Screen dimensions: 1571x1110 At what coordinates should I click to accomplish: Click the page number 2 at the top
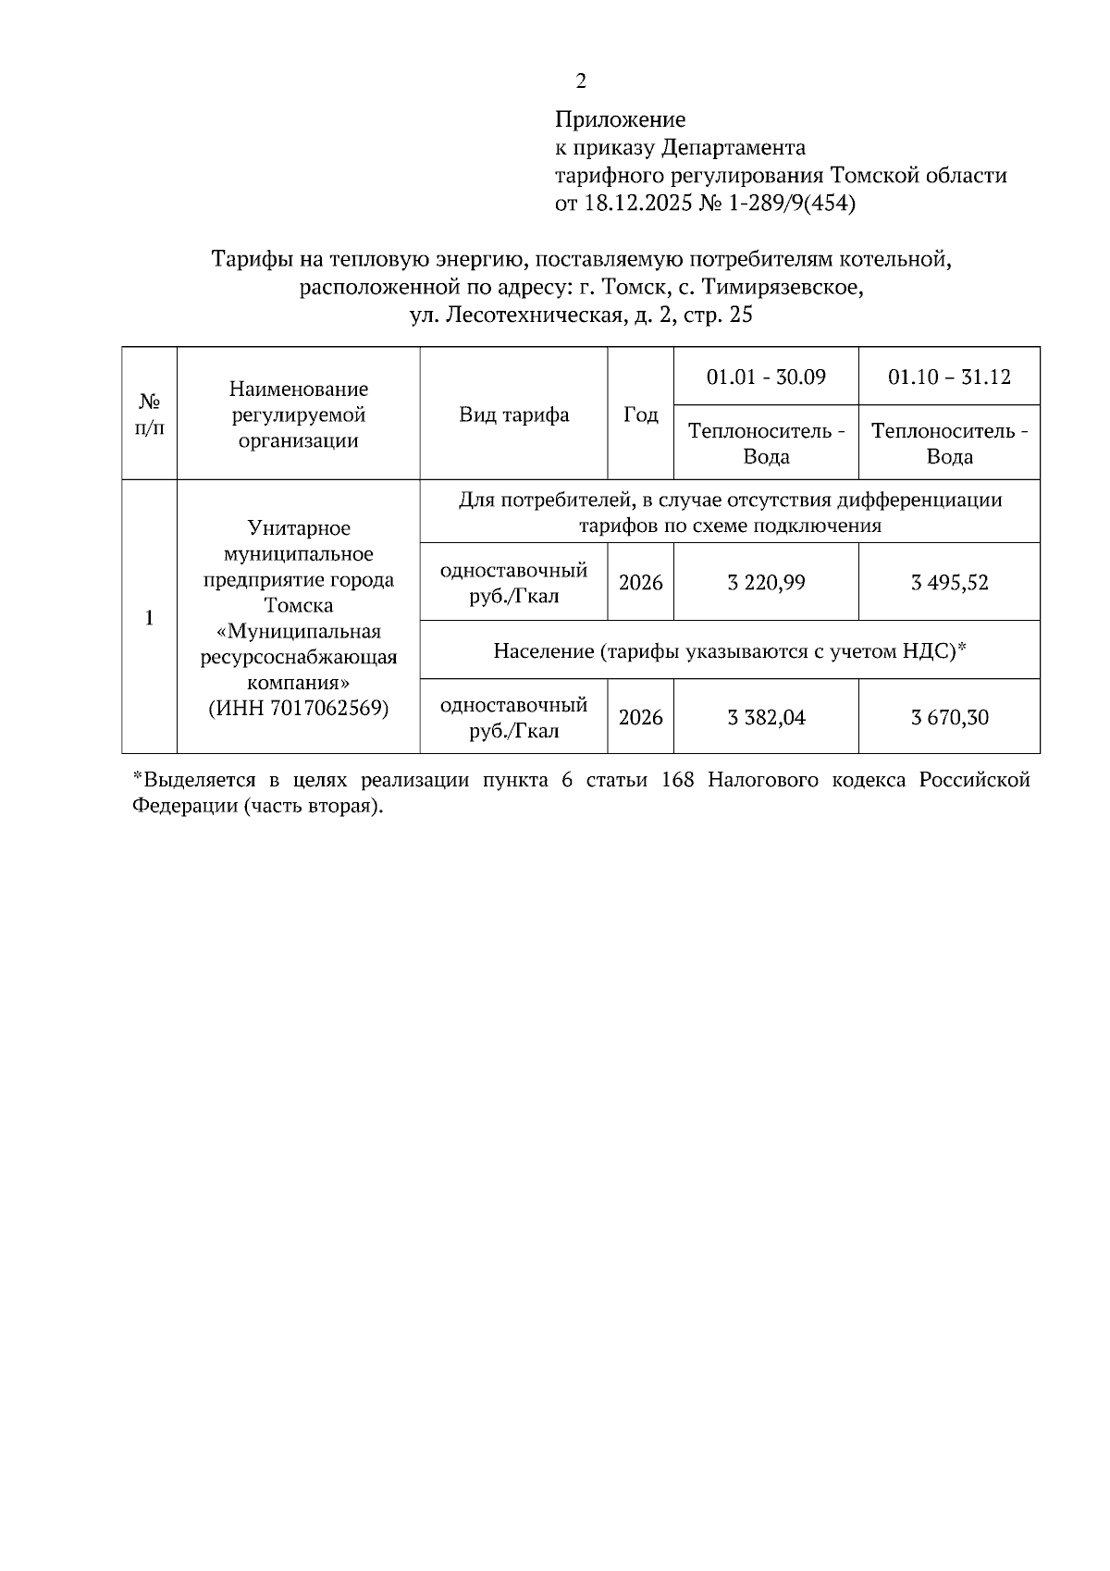click(x=581, y=82)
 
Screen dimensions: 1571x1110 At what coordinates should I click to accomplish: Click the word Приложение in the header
click(x=620, y=119)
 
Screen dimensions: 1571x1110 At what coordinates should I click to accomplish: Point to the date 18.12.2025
click(x=637, y=204)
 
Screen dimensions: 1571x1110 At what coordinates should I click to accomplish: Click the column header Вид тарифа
click(x=514, y=414)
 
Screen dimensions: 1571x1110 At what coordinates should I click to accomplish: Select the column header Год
click(x=640, y=414)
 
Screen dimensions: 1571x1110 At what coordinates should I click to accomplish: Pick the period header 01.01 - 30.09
click(x=766, y=377)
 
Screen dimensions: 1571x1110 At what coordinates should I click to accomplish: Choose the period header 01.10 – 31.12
click(x=949, y=377)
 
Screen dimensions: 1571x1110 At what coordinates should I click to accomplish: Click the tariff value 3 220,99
click(x=766, y=583)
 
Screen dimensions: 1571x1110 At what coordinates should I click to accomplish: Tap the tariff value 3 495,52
click(x=949, y=583)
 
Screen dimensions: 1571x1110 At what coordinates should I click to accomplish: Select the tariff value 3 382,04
click(x=766, y=718)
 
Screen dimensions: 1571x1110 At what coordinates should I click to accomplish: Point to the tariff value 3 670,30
click(x=949, y=718)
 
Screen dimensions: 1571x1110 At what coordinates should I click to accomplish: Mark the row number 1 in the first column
click(x=149, y=618)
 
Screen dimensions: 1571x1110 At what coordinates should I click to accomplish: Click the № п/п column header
click(x=149, y=414)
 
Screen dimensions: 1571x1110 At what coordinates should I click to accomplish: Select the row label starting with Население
click(x=729, y=651)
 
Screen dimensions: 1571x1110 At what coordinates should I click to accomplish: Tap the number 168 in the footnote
click(x=678, y=781)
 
